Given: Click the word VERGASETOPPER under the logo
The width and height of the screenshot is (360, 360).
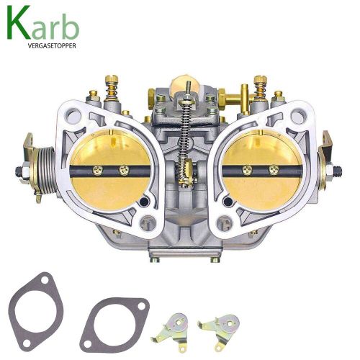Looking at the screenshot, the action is tap(52, 46).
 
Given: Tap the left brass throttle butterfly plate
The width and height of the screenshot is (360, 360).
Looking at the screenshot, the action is tap(110, 170).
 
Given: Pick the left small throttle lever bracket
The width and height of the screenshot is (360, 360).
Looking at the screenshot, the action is tap(171, 329).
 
